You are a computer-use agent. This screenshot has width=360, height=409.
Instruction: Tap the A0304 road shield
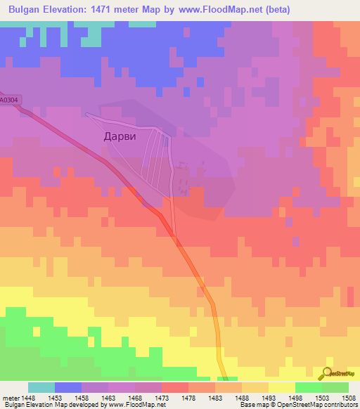(x=8, y=100)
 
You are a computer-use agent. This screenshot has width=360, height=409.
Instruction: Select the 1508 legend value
(x=348, y=397)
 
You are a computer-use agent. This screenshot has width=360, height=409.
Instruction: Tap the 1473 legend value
(x=161, y=397)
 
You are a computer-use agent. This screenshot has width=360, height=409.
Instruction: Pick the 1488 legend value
(x=241, y=397)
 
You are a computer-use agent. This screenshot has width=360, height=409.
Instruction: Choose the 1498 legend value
(x=295, y=397)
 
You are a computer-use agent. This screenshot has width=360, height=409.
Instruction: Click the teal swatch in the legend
(x=41, y=387)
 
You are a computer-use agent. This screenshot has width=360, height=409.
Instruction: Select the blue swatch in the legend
(x=67, y=387)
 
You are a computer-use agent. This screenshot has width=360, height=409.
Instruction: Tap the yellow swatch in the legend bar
(x=281, y=387)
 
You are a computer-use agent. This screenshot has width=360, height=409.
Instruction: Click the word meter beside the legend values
(x=10, y=397)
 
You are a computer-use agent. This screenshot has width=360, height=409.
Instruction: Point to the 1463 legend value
(x=108, y=397)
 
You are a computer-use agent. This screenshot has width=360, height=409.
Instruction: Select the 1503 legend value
(x=321, y=397)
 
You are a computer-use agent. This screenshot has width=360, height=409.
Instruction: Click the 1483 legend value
(x=214, y=397)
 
